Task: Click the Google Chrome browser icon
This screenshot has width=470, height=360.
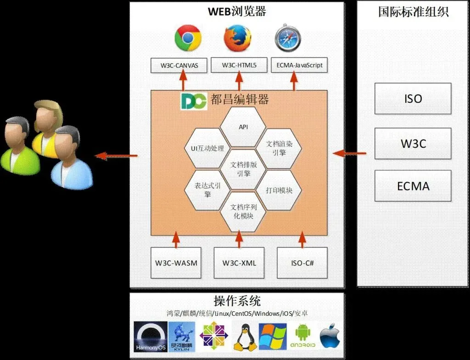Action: [x=188, y=38]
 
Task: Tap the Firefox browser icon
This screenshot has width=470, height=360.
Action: [x=237, y=38]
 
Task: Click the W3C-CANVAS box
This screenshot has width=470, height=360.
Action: [x=179, y=65]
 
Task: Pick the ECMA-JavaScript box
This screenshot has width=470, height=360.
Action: [x=300, y=65]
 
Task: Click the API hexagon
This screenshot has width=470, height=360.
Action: [x=243, y=126]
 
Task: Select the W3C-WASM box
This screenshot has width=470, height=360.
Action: [x=176, y=263]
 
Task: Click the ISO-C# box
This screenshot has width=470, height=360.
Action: [x=302, y=263]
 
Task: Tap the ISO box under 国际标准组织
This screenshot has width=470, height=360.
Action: [x=413, y=99]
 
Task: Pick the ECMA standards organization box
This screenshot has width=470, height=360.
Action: [x=413, y=186]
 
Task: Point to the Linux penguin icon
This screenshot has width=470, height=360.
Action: [x=245, y=336]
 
